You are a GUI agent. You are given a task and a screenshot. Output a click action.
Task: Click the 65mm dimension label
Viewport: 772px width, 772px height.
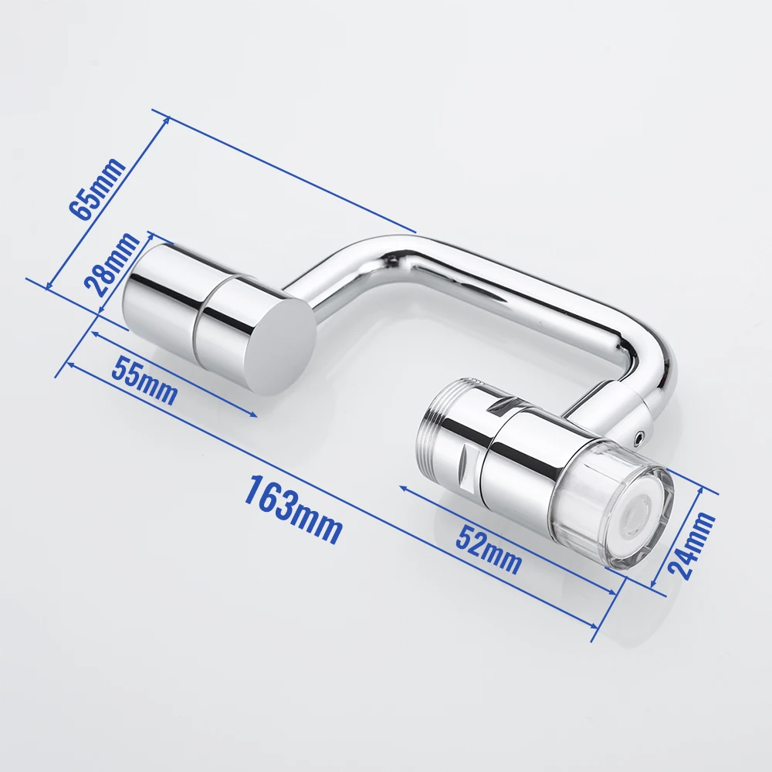click(96, 189)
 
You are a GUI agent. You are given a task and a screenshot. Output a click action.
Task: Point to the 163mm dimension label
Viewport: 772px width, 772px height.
click(293, 510)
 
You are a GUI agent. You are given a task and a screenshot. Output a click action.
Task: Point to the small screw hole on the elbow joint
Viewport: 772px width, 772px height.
click(638, 438)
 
